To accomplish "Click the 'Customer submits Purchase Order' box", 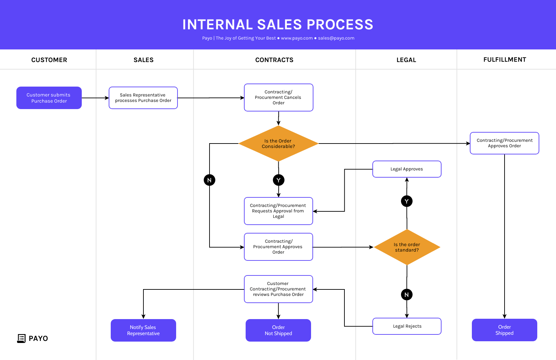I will pyautogui.click(x=49, y=98).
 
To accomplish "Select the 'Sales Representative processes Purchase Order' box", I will pyautogui.click(x=143, y=98).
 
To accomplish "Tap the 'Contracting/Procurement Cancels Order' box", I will pyautogui.click(x=278, y=97).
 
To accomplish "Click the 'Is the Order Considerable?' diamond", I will pyautogui.click(x=278, y=144).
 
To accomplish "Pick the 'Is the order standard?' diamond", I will pyautogui.click(x=407, y=247).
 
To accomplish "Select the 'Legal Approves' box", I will pyautogui.click(x=407, y=169).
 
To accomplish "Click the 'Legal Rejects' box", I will pyautogui.click(x=407, y=326).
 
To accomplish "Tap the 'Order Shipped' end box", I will pyautogui.click(x=504, y=330).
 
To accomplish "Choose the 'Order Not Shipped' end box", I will pyautogui.click(x=278, y=330).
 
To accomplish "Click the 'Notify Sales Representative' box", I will pyautogui.click(x=143, y=330).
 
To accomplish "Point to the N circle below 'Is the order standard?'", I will pyautogui.click(x=406, y=295).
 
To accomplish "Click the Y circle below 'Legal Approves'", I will pyautogui.click(x=406, y=201).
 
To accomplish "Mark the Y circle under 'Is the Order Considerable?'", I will pyautogui.click(x=278, y=180).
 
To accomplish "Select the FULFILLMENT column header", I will pyautogui.click(x=505, y=60).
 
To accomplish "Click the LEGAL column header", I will pyautogui.click(x=406, y=60).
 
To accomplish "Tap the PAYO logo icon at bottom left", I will pyautogui.click(x=21, y=338).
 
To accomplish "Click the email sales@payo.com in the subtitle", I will pyautogui.click(x=336, y=38).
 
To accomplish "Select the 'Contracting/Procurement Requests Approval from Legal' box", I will pyautogui.click(x=278, y=211).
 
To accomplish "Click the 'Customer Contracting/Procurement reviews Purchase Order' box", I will pyautogui.click(x=278, y=289).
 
